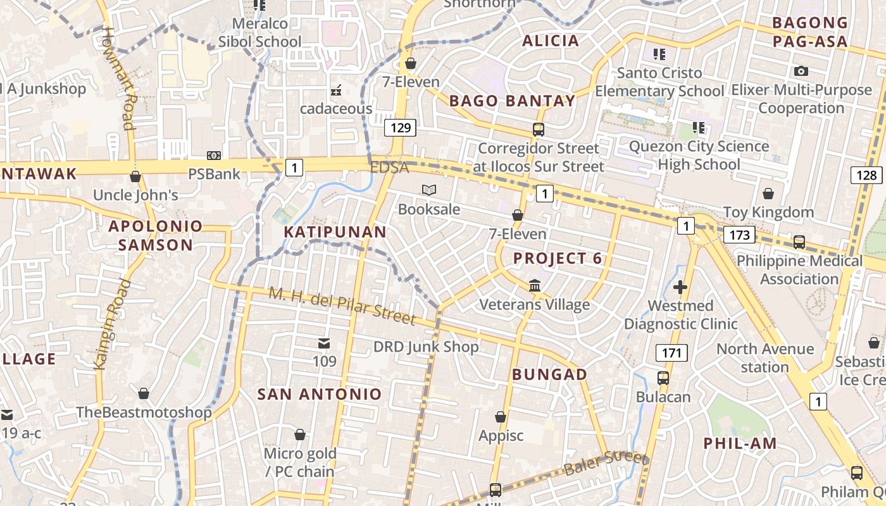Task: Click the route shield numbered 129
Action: coord(401,128)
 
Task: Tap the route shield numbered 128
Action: coord(866,175)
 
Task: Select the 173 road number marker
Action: coord(739,235)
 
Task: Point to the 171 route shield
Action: coord(671,353)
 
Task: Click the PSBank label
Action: coord(214,173)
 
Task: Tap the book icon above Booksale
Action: coord(429,190)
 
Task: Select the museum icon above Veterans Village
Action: coord(535,286)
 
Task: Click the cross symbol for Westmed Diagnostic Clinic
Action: coord(680,288)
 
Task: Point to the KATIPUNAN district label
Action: coord(335,231)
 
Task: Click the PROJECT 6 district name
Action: coord(558,258)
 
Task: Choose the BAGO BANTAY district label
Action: coord(512,101)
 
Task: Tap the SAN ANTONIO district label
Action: coord(320,394)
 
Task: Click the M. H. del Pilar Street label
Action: coord(342,305)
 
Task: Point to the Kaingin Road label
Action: coord(111,324)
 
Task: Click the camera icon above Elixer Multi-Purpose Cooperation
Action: coord(801,71)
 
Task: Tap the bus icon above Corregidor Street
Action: coord(538,130)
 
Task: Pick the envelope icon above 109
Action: coord(324,343)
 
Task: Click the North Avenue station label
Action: coord(764,357)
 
